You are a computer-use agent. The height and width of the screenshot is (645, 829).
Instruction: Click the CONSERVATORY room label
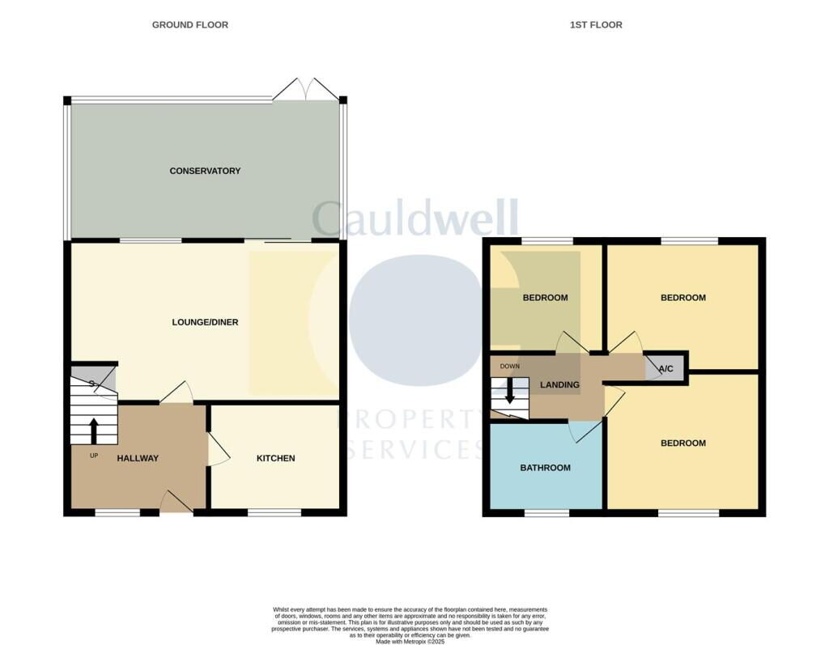pyautogui.click(x=205, y=171)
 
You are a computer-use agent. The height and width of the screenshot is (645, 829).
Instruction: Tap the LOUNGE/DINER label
pyautogui.click(x=205, y=322)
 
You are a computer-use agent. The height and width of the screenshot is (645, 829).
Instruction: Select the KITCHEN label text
pyautogui.click(x=276, y=458)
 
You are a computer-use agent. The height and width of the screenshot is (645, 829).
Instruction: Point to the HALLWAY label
pyautogui.click(x=138, y=458)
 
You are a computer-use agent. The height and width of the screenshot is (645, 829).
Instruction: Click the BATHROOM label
pyautogui.click(x=545, y=468)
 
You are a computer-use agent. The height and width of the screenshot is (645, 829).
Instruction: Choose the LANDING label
pyautogui.click(x=560, y=384)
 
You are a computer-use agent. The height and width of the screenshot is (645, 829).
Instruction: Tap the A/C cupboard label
pyautogui.click(x=666, y=369)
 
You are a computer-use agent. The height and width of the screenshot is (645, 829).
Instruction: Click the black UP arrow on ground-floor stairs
pyautogui.click(x=93, y=430)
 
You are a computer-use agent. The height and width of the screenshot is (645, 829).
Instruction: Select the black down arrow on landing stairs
pyautogui.click(x=509, y=393)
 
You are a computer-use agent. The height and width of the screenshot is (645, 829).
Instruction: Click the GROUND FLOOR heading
pyautogui.click(x=190, y=25)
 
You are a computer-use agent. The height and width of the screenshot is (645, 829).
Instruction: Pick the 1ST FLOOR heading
pyautogui.click(x=596, y=25)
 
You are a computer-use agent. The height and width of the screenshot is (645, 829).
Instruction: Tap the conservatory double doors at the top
pyautogui.click(x=305, y=90)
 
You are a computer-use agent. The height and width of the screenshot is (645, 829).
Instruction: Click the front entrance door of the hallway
pyautogui.click(x=176, y=503)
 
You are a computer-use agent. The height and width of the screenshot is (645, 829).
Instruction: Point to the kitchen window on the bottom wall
pyautogui.click(x=274, y=512)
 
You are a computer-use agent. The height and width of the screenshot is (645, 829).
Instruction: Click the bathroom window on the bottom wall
pyautogui.click(x=546, y=512)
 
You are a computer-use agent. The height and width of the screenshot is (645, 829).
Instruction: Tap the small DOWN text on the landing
pyautogui.click(x=509, y=366)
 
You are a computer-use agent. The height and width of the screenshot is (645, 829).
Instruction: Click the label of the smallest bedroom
pyautogui.click(x=545, y=298)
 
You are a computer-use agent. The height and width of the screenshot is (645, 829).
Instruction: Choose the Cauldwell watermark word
pyautogui.click(x=414, y=219)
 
